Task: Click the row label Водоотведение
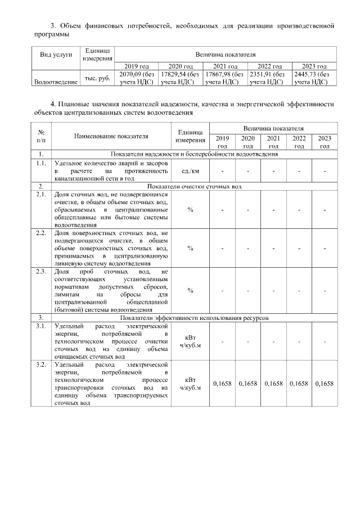point(56,82)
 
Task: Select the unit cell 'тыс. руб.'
point(97,78)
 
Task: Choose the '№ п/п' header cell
point(41,136)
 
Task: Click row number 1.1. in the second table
point(40,163)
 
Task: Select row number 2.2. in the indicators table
point(40,232)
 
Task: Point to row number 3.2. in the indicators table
point(40,365)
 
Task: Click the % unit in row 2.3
point(190,290)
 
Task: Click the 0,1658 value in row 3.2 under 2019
point(222,384)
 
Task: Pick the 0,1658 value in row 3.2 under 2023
point(325,384)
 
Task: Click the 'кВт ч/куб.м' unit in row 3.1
point(190,341)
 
